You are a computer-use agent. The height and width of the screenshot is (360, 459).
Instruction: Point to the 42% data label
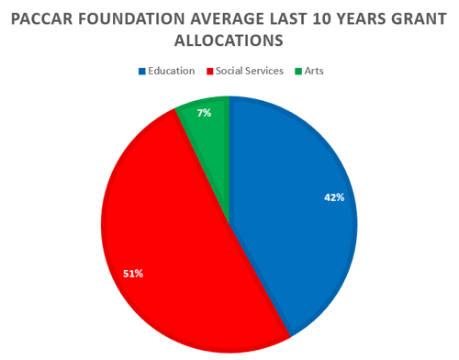click(x=333, y=197)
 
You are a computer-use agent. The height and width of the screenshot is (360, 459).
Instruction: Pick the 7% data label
click(x=205, y=113)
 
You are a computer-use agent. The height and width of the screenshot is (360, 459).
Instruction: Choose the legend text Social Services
click(x=251, y=71)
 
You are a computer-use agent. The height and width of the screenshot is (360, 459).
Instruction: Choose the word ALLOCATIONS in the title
click(x=229, y=42)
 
